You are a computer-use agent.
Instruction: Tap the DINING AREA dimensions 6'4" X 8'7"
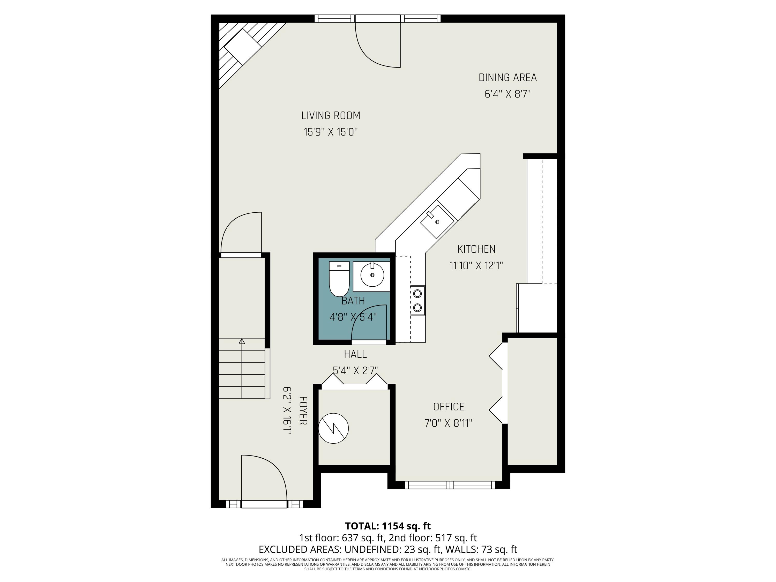coord(507,94)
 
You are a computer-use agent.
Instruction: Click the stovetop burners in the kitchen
coord(417,300)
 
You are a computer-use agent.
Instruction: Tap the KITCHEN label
coord(476,249)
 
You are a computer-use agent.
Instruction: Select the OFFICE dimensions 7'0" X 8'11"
coord(448,423)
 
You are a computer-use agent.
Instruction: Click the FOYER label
coord(303,411)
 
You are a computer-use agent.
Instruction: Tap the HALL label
coord(355,354)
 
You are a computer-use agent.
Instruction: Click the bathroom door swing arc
coord(368,323)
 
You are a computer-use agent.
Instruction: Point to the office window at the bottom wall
coord(450,485)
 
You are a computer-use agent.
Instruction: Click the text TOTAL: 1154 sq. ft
coord(388,526)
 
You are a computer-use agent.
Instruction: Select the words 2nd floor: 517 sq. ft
coord(432,538)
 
